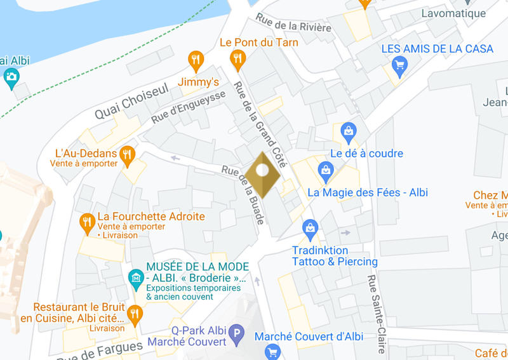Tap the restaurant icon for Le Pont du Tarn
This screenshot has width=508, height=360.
pos(237,60)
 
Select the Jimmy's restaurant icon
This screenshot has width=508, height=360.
pos(196,60)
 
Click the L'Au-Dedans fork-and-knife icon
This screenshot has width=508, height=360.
pos(128,155)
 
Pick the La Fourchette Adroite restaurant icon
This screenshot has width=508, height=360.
pos(88,222)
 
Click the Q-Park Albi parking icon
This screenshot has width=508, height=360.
pos(236,332)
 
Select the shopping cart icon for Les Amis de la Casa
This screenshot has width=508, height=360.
pos(399,63)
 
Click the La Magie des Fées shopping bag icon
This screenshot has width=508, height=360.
pos(326,170)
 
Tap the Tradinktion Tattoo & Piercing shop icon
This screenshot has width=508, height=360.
pos(310,227)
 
